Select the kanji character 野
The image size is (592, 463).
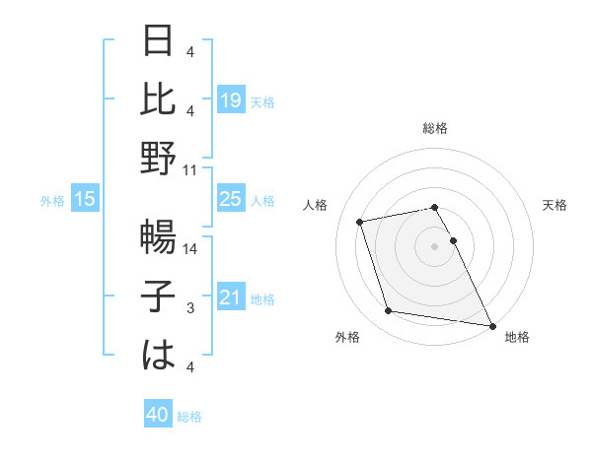point(159,158)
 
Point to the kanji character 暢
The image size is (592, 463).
point(159,239)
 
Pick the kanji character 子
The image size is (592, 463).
point(159,297)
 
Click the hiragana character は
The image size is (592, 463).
point(159,356)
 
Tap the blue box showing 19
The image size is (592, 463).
point(230,99)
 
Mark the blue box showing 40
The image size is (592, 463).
point(157,416)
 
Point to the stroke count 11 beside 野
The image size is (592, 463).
point(190,169)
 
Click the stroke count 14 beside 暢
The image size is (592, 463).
point(190,250)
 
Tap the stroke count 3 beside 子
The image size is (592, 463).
point(190,308)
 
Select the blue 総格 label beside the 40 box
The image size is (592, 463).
point(189,417)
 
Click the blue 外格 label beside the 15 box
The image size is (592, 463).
point(52,201)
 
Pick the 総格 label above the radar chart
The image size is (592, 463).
point(434,128)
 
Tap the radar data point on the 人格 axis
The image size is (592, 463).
point(360,221)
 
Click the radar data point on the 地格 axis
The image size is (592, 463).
point(491,324)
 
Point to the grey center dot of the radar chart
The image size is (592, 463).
point(434,245)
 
